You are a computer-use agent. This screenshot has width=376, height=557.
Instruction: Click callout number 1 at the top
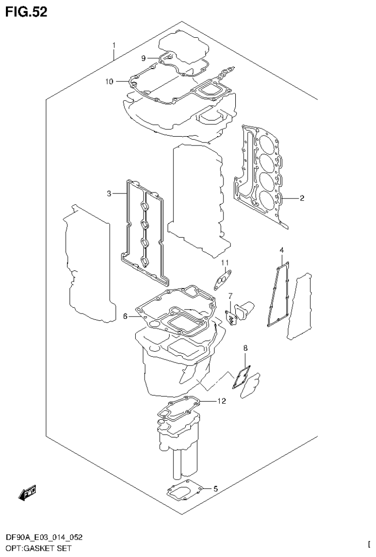(114, 46)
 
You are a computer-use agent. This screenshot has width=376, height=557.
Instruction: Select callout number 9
(144, 58)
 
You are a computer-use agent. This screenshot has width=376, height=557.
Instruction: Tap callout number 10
(109, 81)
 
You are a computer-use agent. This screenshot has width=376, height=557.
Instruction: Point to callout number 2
(302, 198)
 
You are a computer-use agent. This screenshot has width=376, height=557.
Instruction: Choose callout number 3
(109, 194)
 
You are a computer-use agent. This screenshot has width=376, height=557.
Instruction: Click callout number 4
(282, 250)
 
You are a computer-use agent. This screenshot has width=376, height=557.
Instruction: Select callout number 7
(229, 296)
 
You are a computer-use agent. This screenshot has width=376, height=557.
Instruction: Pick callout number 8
(246, 348)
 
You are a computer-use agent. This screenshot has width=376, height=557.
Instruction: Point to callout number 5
(215, 488)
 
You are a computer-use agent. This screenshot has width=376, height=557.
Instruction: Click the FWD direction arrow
(27, 495)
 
